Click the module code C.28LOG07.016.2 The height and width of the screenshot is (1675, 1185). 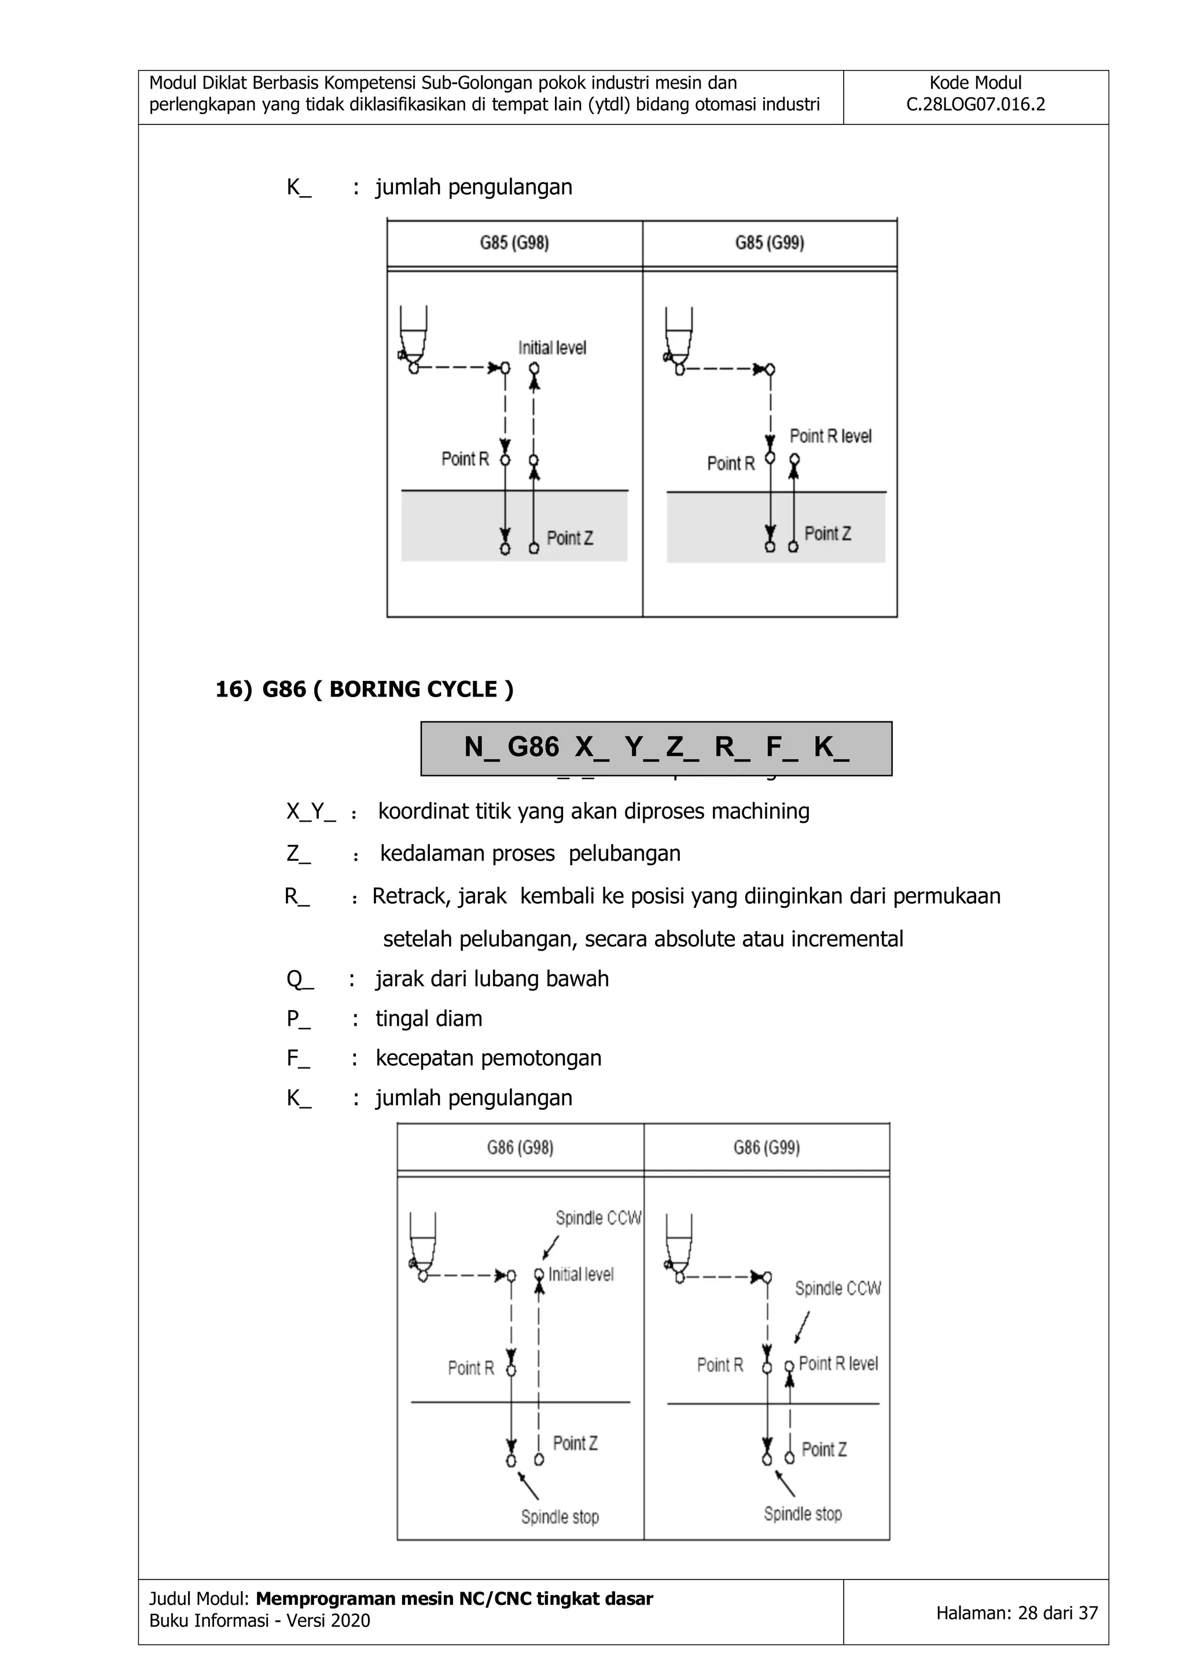tap(975, 104)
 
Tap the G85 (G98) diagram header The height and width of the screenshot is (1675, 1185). tap(514, 243)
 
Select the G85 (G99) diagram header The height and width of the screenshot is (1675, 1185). tap(769, 243)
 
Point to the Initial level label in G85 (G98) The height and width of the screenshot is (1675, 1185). tap(553, 348)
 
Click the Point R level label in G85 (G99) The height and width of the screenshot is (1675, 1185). tap(830, 436)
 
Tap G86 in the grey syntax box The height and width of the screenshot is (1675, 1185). tap(533, 747)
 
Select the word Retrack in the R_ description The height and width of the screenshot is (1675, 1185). tap(403, 896)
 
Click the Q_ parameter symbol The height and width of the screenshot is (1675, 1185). tap(300, 979)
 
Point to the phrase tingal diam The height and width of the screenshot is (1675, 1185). tap(429, 1018)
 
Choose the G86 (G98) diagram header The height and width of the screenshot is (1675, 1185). tap(520, 1147)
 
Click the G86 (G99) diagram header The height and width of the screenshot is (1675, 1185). tap(766, 1147)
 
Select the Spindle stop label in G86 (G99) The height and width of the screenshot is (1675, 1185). tap(803, 1514)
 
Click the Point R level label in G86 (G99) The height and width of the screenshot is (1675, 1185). tap(838, 1364)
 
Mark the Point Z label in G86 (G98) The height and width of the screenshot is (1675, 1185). tap(575, 1443)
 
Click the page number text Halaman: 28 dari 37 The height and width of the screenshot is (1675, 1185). tap(1017, 1613)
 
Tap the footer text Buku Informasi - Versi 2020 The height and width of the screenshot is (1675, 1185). tap(260, 1621)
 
